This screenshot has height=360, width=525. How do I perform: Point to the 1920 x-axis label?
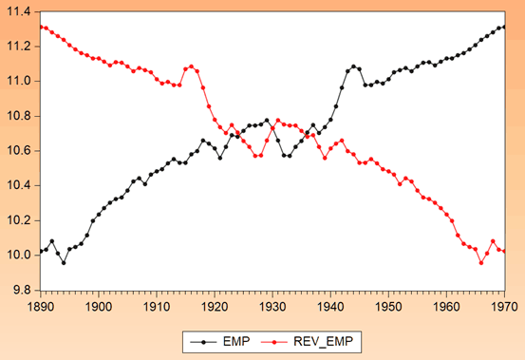point(214,307)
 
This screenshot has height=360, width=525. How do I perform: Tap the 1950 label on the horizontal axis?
point(388,307)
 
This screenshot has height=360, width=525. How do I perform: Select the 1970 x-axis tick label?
point(504,307)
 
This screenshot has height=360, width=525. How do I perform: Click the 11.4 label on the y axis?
point(19,11)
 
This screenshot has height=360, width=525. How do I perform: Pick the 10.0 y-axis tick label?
point(19,255)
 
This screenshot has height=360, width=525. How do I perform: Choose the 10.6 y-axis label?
point(19,150)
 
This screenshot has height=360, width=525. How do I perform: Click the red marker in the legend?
point(281,339)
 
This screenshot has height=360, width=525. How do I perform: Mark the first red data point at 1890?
point(41,27)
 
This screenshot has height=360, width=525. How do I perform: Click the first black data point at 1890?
point(41,251)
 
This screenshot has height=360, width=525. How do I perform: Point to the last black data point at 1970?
point(504,27)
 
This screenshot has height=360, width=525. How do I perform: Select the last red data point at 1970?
point(504,251)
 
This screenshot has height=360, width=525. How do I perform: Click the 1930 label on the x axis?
point(272,307)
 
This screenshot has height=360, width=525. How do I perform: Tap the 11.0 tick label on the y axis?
point(19,81)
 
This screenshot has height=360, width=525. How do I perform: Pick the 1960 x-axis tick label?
point(446,307)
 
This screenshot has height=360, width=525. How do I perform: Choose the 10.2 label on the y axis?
point(19,219)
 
